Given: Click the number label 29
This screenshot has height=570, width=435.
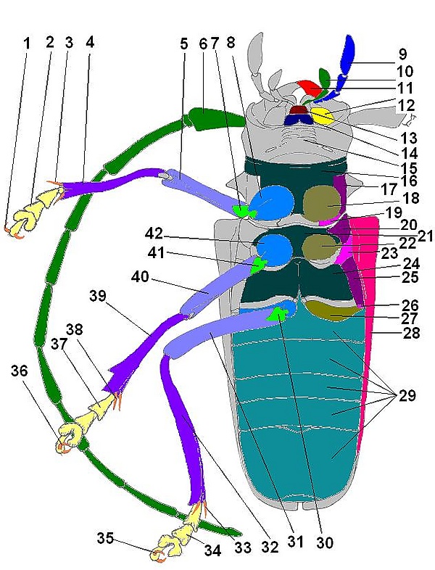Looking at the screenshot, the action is pyautogui.click(x=407, y=395).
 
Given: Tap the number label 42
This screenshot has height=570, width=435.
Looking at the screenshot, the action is pyautogui.click(x=154, y=234).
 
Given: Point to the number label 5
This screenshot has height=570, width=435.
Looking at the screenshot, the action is pyautogui.click(x=183, y=44).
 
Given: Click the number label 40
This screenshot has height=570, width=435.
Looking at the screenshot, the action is pyautogui.click(x=140, y=277).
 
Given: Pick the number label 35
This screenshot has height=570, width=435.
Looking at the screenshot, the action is pyautogui.click(x=105, y=538).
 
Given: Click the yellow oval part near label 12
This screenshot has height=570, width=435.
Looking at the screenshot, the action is pyautogui.click(x=323, y=115).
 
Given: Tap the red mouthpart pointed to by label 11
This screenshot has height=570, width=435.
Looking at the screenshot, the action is pyautogui.click(x=310, y=88).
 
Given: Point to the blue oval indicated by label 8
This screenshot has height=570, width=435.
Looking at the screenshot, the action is pyautogui.click(x=273, y=202).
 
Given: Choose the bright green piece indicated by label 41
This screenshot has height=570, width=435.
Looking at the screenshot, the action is pyautogui.click(x=258, y=265).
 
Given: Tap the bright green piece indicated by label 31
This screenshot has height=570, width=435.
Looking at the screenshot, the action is pyautogui.click(x=277, y=314).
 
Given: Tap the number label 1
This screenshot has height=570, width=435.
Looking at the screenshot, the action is pyautogui.click(x=27, y=44).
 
